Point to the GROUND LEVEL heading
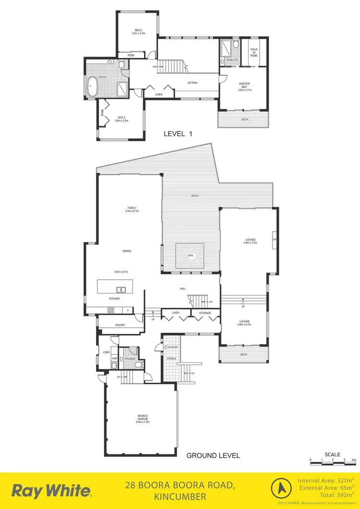(x=213, y=455)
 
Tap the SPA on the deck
(x=190, y=255)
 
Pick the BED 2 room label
(x=138, y=32)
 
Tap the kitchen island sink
(x=121, y=289)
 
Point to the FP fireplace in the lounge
(x=275, y=239)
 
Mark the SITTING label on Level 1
(x=192, y=83)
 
